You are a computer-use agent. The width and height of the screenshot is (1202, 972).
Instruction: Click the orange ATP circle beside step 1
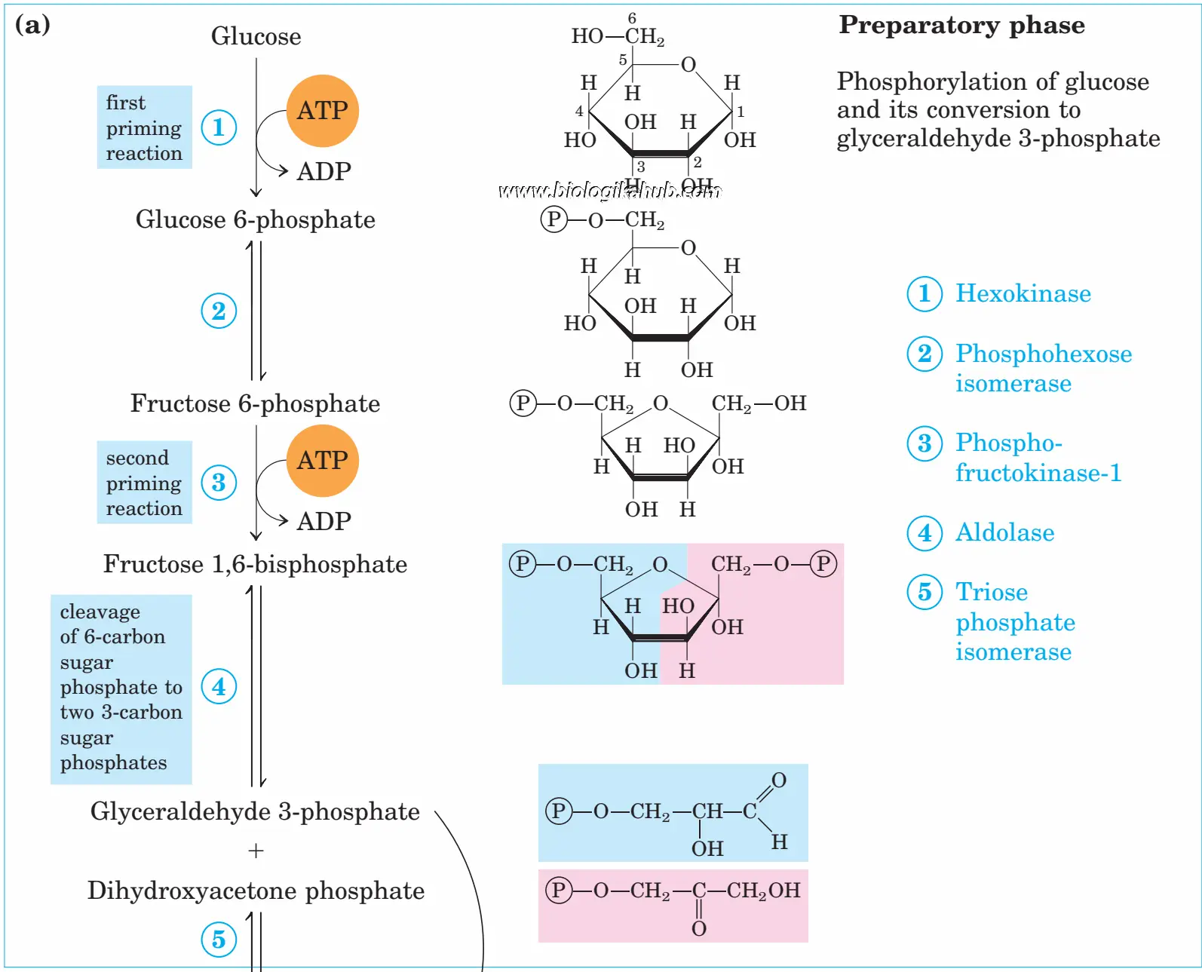point(322,111)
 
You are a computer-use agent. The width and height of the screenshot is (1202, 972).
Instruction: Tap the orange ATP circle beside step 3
point(322,461)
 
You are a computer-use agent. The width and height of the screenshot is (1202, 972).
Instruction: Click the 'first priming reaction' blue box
point(144,127)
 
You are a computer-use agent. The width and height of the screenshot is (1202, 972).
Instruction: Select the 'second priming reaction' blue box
point(144,483)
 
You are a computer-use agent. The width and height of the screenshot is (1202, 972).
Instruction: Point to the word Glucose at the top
point(256,36)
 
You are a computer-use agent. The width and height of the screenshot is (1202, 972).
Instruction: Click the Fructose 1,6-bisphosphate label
point(255,564)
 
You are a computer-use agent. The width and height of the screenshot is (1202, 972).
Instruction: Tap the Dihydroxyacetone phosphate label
point(256,891)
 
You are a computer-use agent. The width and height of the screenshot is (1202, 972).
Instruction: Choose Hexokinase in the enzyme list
point(1023,293)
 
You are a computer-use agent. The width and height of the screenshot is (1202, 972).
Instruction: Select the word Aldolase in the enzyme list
point(1004,532)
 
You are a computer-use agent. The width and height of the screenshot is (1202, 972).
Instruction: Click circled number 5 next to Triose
point(924,592)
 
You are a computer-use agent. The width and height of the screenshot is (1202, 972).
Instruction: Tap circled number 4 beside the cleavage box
point(219,686)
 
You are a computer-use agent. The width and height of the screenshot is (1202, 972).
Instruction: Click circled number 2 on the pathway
point(219,311)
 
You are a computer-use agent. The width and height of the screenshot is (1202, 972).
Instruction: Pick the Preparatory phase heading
point(961,25)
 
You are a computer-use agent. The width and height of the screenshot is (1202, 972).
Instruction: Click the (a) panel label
point(32,25)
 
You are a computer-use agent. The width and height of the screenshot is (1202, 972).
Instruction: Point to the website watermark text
point(609,191)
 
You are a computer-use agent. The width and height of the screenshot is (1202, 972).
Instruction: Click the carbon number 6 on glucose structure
point(632,17)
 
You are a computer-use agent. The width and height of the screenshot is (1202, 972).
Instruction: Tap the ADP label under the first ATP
point(323,171)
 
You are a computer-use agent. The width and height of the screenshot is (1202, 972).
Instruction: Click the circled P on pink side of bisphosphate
point(823,563)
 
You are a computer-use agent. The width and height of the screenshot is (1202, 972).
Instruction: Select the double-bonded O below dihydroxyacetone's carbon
point(699,928)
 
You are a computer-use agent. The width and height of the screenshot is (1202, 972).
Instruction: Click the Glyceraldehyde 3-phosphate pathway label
point(255,811)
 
